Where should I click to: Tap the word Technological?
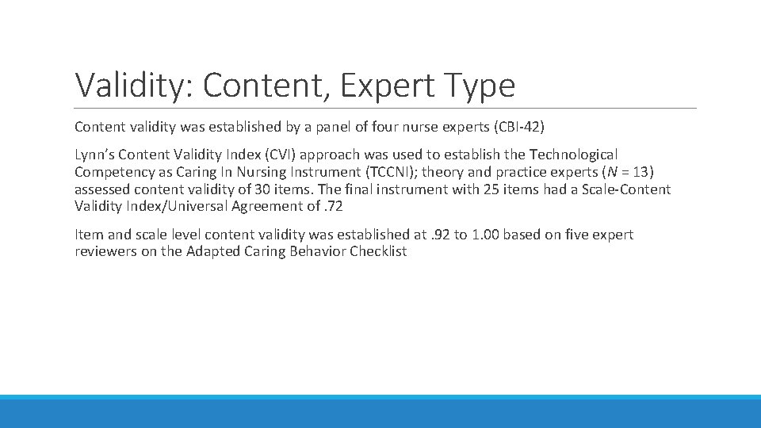pos(569,155)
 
